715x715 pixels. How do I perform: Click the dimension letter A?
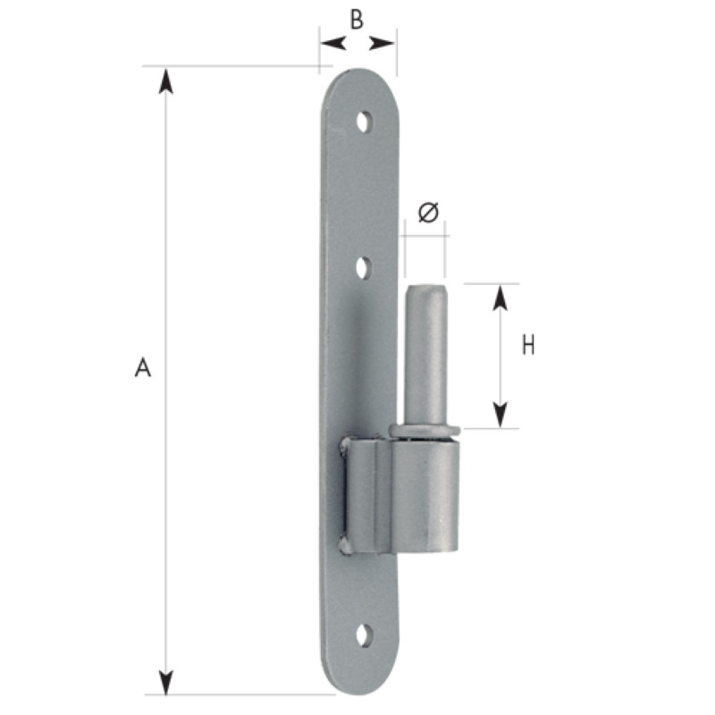pyautogui.click(x=143, y=367)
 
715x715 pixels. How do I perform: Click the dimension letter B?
pyautogui.click(x=357, y=20)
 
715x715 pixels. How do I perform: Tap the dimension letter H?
pyautogui.click(x=528, y=345)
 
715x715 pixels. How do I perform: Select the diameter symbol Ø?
pyautogui.click(x=428, y=212)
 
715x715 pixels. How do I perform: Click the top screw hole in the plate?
pyautogui.click(x=364, y=122)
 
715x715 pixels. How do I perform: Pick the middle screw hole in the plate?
pyautogui.click(x=364, y=267)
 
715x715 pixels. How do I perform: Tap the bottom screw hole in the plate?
pyautogui.click(x=364, y=635)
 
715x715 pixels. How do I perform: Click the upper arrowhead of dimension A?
pyautogui.click(x=165, y=81)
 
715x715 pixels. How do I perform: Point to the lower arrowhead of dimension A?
pyautogui.click(x=165, y=681)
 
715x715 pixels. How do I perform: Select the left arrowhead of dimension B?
pyautogui.click(x=333, y=44)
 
